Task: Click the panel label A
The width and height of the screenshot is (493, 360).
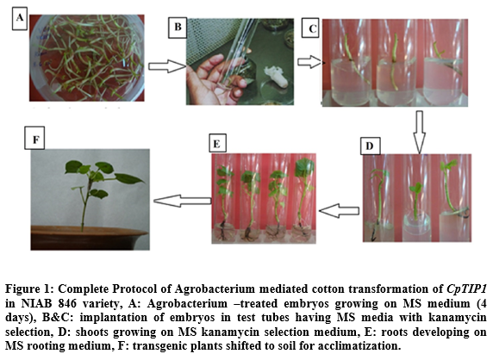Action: pos(20,18)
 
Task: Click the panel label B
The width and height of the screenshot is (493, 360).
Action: pos(178,28)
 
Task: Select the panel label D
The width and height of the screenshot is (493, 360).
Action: pos(370,146)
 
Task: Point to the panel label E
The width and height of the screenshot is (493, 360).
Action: pos(217,144)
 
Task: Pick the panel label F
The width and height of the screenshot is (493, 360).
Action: pos(34,138)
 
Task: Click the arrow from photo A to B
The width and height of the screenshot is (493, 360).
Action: pos(167,66)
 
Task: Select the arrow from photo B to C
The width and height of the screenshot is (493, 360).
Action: pos(310,62)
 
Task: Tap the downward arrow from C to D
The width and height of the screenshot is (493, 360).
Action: pos(419,132)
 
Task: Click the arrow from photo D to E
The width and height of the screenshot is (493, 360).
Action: pos(340,210)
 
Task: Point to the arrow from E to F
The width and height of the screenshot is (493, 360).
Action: pos(183,201)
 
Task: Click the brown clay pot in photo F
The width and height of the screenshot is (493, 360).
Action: pos(89,238)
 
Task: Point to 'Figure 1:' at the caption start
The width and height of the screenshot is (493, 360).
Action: pos(29,289)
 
